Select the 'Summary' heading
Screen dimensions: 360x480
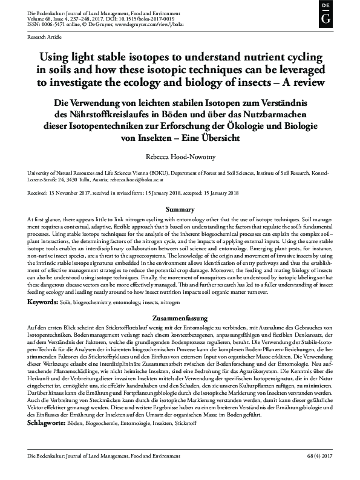[x=180, y=209]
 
